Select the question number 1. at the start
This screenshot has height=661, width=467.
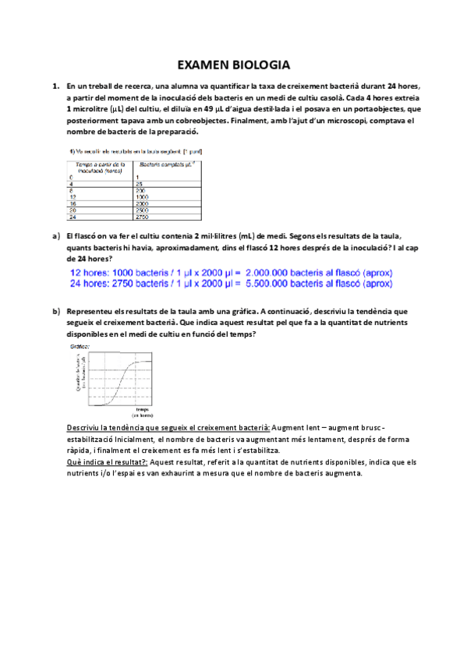pyautogui.click(x=55, y=85)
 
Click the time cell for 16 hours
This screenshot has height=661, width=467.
pyautogui.click(x=73, y=203)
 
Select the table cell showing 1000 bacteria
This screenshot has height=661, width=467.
pyautogui.click(x=143, y=196)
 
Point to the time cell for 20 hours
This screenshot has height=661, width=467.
pyautogui.click(x=73, y=210)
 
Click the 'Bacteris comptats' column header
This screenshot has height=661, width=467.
pyautogui.click(x=167, y=164)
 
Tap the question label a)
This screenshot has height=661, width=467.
pyautogui.click(x=55, y=235)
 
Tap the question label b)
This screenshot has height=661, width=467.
pyautogui.click(x=55, y=311)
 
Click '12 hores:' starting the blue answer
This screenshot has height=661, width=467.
pyautogui.click(x=92, y=273)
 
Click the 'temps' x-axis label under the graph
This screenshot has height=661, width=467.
pyautogui.click(x=142, y=408)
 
